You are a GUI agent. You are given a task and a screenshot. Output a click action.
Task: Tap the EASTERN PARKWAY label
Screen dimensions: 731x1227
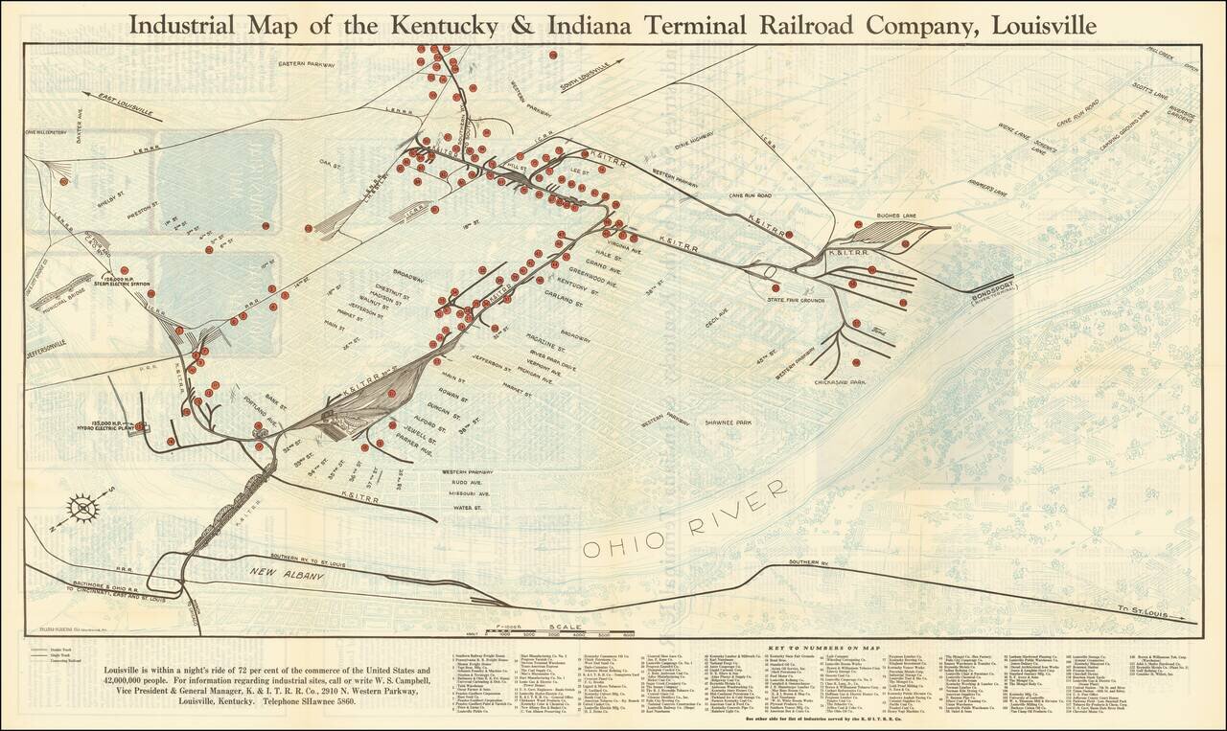point(306,64)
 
